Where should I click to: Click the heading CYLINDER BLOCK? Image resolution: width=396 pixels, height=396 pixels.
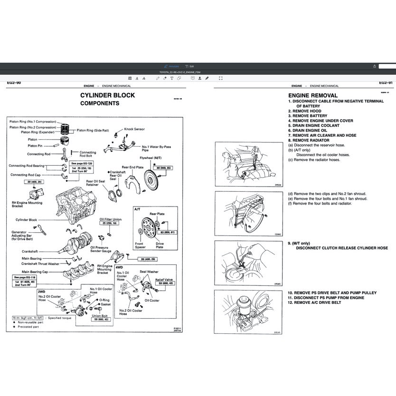point(107,95)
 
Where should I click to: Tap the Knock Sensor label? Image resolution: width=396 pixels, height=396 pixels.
point(135,129)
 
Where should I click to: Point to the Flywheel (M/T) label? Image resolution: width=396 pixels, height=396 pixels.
point(151,157)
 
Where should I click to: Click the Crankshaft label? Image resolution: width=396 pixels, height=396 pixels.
point(30,251)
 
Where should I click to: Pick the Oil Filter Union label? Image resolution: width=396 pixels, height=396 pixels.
point(110,219)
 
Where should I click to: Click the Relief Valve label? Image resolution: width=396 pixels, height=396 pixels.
point(164,280)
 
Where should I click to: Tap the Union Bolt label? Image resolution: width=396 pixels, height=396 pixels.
point(100,316)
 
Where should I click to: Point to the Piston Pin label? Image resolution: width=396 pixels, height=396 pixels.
point(35,146)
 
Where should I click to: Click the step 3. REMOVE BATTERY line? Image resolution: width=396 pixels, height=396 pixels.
point(309,116)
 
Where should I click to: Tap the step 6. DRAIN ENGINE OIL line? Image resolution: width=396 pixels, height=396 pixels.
point(310,130)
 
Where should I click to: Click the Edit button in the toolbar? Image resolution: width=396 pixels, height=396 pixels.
point(189,66)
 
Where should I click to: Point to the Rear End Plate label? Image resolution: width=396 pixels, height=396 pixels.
point(132,167)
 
